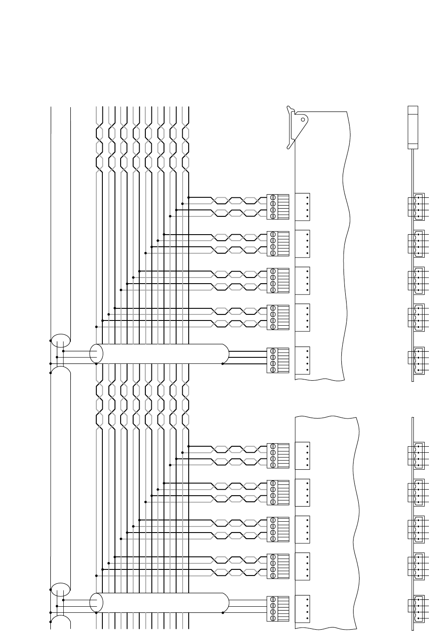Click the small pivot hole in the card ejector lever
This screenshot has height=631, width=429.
coord(303,119)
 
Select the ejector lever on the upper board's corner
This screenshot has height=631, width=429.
coord(299,126)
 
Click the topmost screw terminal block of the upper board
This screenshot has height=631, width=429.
coord(278,206)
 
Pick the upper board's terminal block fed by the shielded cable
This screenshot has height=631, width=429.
coord(278,360)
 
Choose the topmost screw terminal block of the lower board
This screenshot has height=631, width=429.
coord(278,455)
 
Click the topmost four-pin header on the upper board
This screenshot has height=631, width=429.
coord(302,206)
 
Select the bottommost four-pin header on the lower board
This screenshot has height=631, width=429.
coord(302,609)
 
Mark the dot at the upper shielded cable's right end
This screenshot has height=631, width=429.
coord(223,364)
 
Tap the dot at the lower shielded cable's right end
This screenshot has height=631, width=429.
coord(223,613)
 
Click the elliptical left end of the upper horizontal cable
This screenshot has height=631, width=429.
coord(96,353)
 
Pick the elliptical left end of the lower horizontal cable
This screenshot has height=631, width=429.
coord(96,602)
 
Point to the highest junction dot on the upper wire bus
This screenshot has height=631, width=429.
coord(189,197)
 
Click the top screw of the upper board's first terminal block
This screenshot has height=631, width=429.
coord(273,197)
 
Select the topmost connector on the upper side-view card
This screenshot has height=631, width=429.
coord(417,206)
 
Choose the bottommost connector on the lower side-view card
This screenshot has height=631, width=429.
coord(417,609)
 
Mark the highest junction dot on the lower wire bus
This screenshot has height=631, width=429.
coord(189,446)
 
